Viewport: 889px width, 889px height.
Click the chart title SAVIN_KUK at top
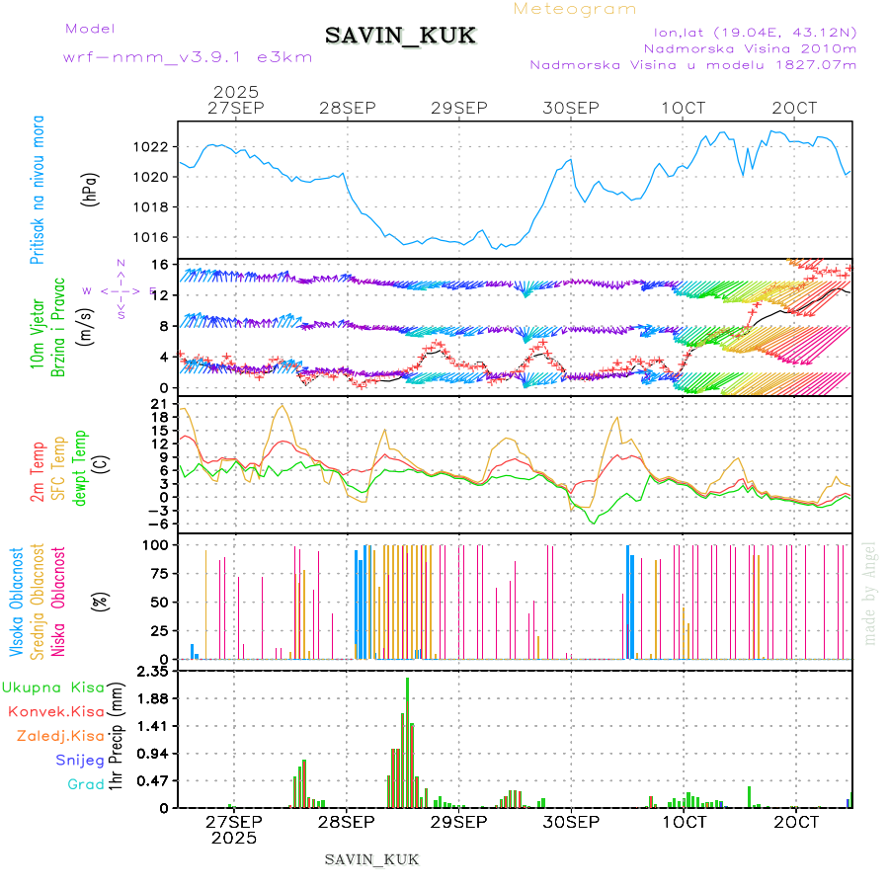pos(401,37)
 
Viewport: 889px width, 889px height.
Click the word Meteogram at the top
pos(576,9)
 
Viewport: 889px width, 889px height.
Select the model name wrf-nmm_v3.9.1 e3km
pos(188,57)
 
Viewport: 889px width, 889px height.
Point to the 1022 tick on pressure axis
pos(152,147)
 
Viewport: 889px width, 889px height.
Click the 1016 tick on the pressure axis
pos(152,237)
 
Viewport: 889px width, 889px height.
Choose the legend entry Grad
pos(86,784)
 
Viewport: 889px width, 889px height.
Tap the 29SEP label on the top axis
pos(459,108)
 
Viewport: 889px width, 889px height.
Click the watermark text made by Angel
pos(870,593)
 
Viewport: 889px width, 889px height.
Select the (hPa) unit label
pos(90,189)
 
